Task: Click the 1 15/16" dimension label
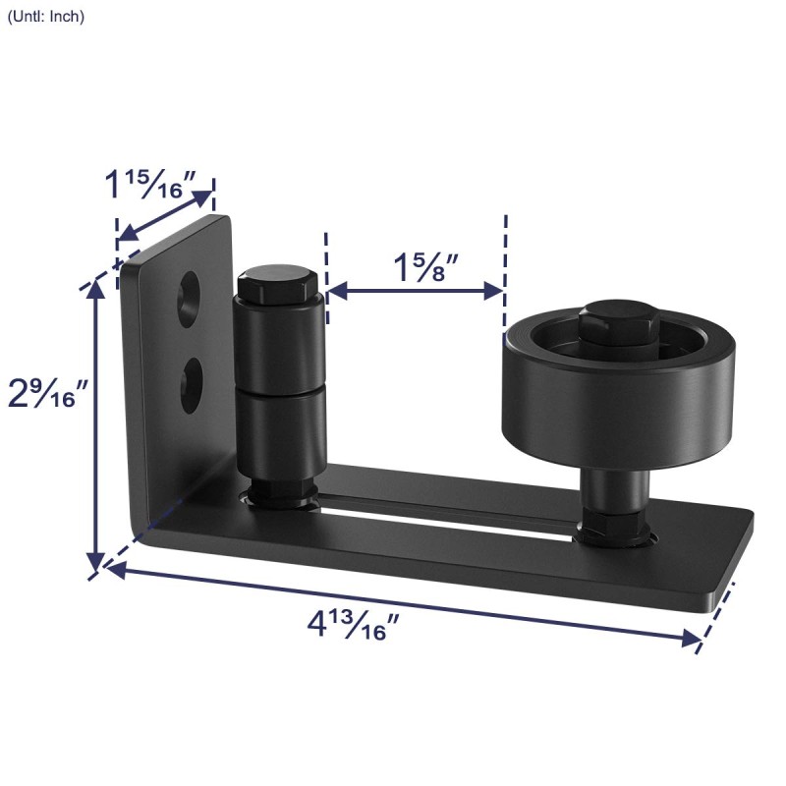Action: point(151,184)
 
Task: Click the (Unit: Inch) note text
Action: point(46,17)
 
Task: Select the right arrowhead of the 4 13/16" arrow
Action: point(692,639)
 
